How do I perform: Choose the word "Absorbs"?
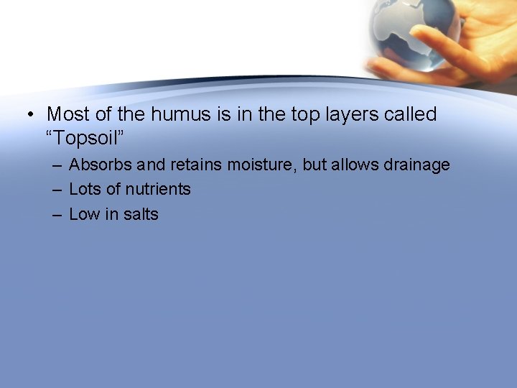click(101, 165)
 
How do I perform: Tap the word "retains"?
click(196, 165)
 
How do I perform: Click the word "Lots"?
click(85, 190)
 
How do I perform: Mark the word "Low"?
click(84, 214)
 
